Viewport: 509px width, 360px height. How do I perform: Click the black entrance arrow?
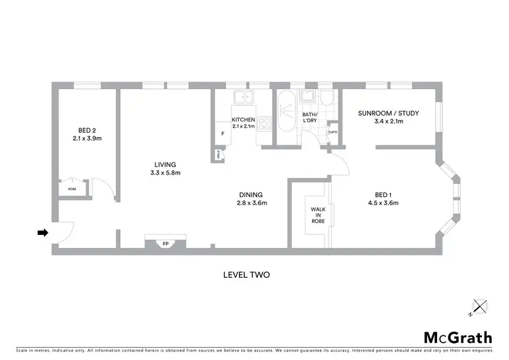coord(42,233)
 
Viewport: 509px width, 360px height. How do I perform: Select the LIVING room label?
coord(165,164)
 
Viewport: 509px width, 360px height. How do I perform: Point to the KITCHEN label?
coord(243,119)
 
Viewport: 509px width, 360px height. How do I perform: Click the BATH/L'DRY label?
coord(309,117)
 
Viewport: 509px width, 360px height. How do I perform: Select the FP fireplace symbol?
coord(165,243)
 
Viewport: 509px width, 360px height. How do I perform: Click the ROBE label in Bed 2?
coord(72,189)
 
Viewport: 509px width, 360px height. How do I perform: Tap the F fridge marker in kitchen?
coord(223,133)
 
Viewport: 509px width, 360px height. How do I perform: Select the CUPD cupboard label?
coord(333,132)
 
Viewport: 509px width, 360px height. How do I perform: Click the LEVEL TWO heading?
coord(246,275)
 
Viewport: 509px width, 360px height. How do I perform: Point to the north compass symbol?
coord(480,307)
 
